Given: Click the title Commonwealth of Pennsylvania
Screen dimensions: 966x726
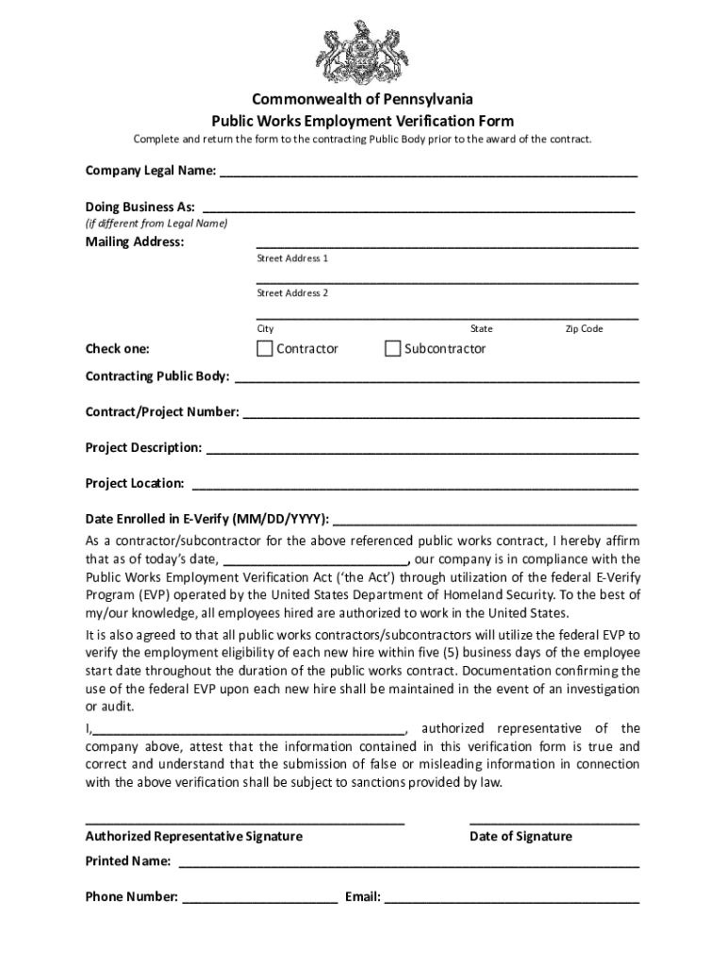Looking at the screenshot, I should tap(362, 99).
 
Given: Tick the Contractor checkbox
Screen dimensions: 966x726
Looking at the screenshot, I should tap(265, 349).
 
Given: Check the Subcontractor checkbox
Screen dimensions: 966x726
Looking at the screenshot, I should tap(393, 349).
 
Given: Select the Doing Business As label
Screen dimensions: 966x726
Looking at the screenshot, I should tap(140, 207).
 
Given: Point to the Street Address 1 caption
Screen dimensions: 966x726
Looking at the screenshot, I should tap(292, 258).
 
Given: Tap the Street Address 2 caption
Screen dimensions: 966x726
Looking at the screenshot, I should tap(292, 293).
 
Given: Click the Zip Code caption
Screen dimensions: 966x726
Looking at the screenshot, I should tap(584, 329).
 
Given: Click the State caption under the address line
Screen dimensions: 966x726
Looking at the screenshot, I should tap(481, 329).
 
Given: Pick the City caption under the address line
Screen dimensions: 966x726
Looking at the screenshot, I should tap(265, 329).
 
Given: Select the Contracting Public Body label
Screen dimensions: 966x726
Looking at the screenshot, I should tap(157, 376).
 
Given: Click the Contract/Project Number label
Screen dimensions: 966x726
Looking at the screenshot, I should tap(162, 412).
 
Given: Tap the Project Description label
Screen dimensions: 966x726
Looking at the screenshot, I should tap(143, 447).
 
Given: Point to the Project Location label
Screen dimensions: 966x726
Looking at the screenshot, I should tap(135, 483).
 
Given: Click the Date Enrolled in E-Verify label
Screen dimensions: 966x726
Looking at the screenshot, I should tap(206, 519).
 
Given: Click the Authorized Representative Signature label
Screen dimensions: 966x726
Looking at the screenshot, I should tap(194, 836).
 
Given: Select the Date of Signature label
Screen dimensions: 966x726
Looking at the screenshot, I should tap(520, 836).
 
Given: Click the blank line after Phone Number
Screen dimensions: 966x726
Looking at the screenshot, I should tap(260, 897).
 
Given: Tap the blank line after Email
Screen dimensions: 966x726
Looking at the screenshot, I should tap(511, 897).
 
